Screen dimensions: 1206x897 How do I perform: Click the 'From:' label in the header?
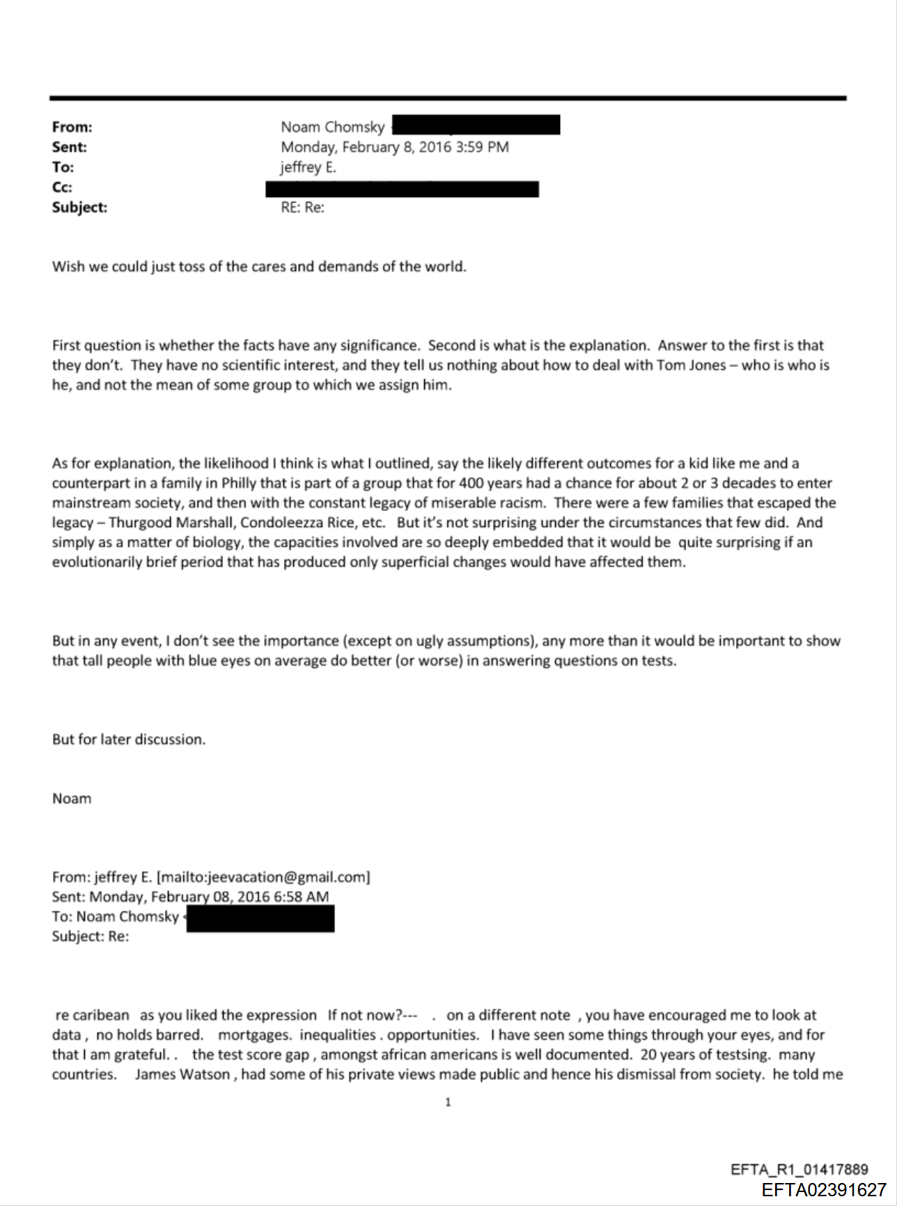pos(72,127)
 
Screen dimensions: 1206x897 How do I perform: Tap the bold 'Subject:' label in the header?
pos(79,207)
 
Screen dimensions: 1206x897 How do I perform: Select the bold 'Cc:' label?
pos(62,187)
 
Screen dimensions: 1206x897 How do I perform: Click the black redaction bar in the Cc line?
pos(402,189)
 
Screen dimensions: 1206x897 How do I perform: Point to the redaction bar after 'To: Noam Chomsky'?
pos(260,919)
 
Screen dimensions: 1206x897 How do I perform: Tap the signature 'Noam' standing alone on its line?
pos(72,799)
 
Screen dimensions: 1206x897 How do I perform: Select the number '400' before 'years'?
pos(471,483)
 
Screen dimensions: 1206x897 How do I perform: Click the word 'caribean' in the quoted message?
pos(101,1016)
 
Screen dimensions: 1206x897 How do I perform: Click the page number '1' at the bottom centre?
pos(448,1102)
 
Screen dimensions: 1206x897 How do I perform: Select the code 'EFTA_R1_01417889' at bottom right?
pos(799,1170)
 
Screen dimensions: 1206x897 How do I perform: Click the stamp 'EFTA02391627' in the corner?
pos(823,1189)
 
